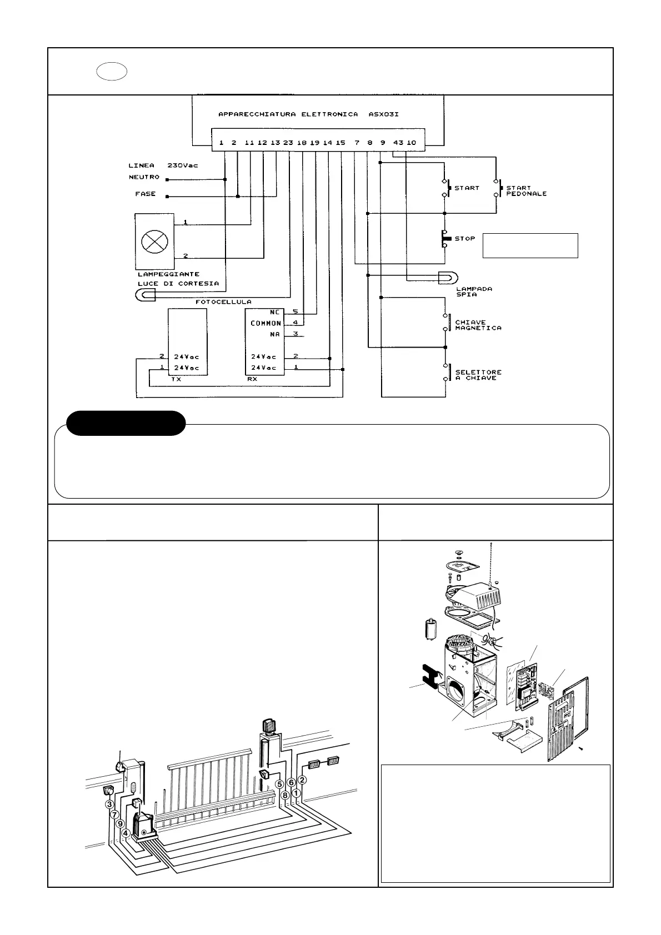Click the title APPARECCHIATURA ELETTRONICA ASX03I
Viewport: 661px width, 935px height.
tap(308, 114)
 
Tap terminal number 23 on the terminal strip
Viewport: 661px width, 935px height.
tap(288, 143)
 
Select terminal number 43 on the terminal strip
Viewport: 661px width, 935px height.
tap(398, 143)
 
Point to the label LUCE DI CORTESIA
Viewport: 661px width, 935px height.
tap(178, 284)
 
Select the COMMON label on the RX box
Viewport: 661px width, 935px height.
tap(266, 323)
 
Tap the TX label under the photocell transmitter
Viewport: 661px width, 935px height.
tap(176, 380)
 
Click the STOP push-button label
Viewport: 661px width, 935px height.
tap(465, 239)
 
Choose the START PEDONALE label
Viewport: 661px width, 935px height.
tap(526, 191)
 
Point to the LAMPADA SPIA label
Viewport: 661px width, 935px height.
tap(473, 291)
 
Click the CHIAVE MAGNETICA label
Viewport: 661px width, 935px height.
tap(478, 325)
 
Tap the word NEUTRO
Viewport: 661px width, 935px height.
tap(144, 177)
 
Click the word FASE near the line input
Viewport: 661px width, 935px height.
tap(146, 194)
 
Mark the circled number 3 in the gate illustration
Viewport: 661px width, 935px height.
tap(109, 805)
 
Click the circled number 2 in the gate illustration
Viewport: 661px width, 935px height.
tap(302, 780)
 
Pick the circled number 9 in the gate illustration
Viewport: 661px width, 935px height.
tap(120, 825)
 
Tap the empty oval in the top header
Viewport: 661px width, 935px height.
tap(112, 72)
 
